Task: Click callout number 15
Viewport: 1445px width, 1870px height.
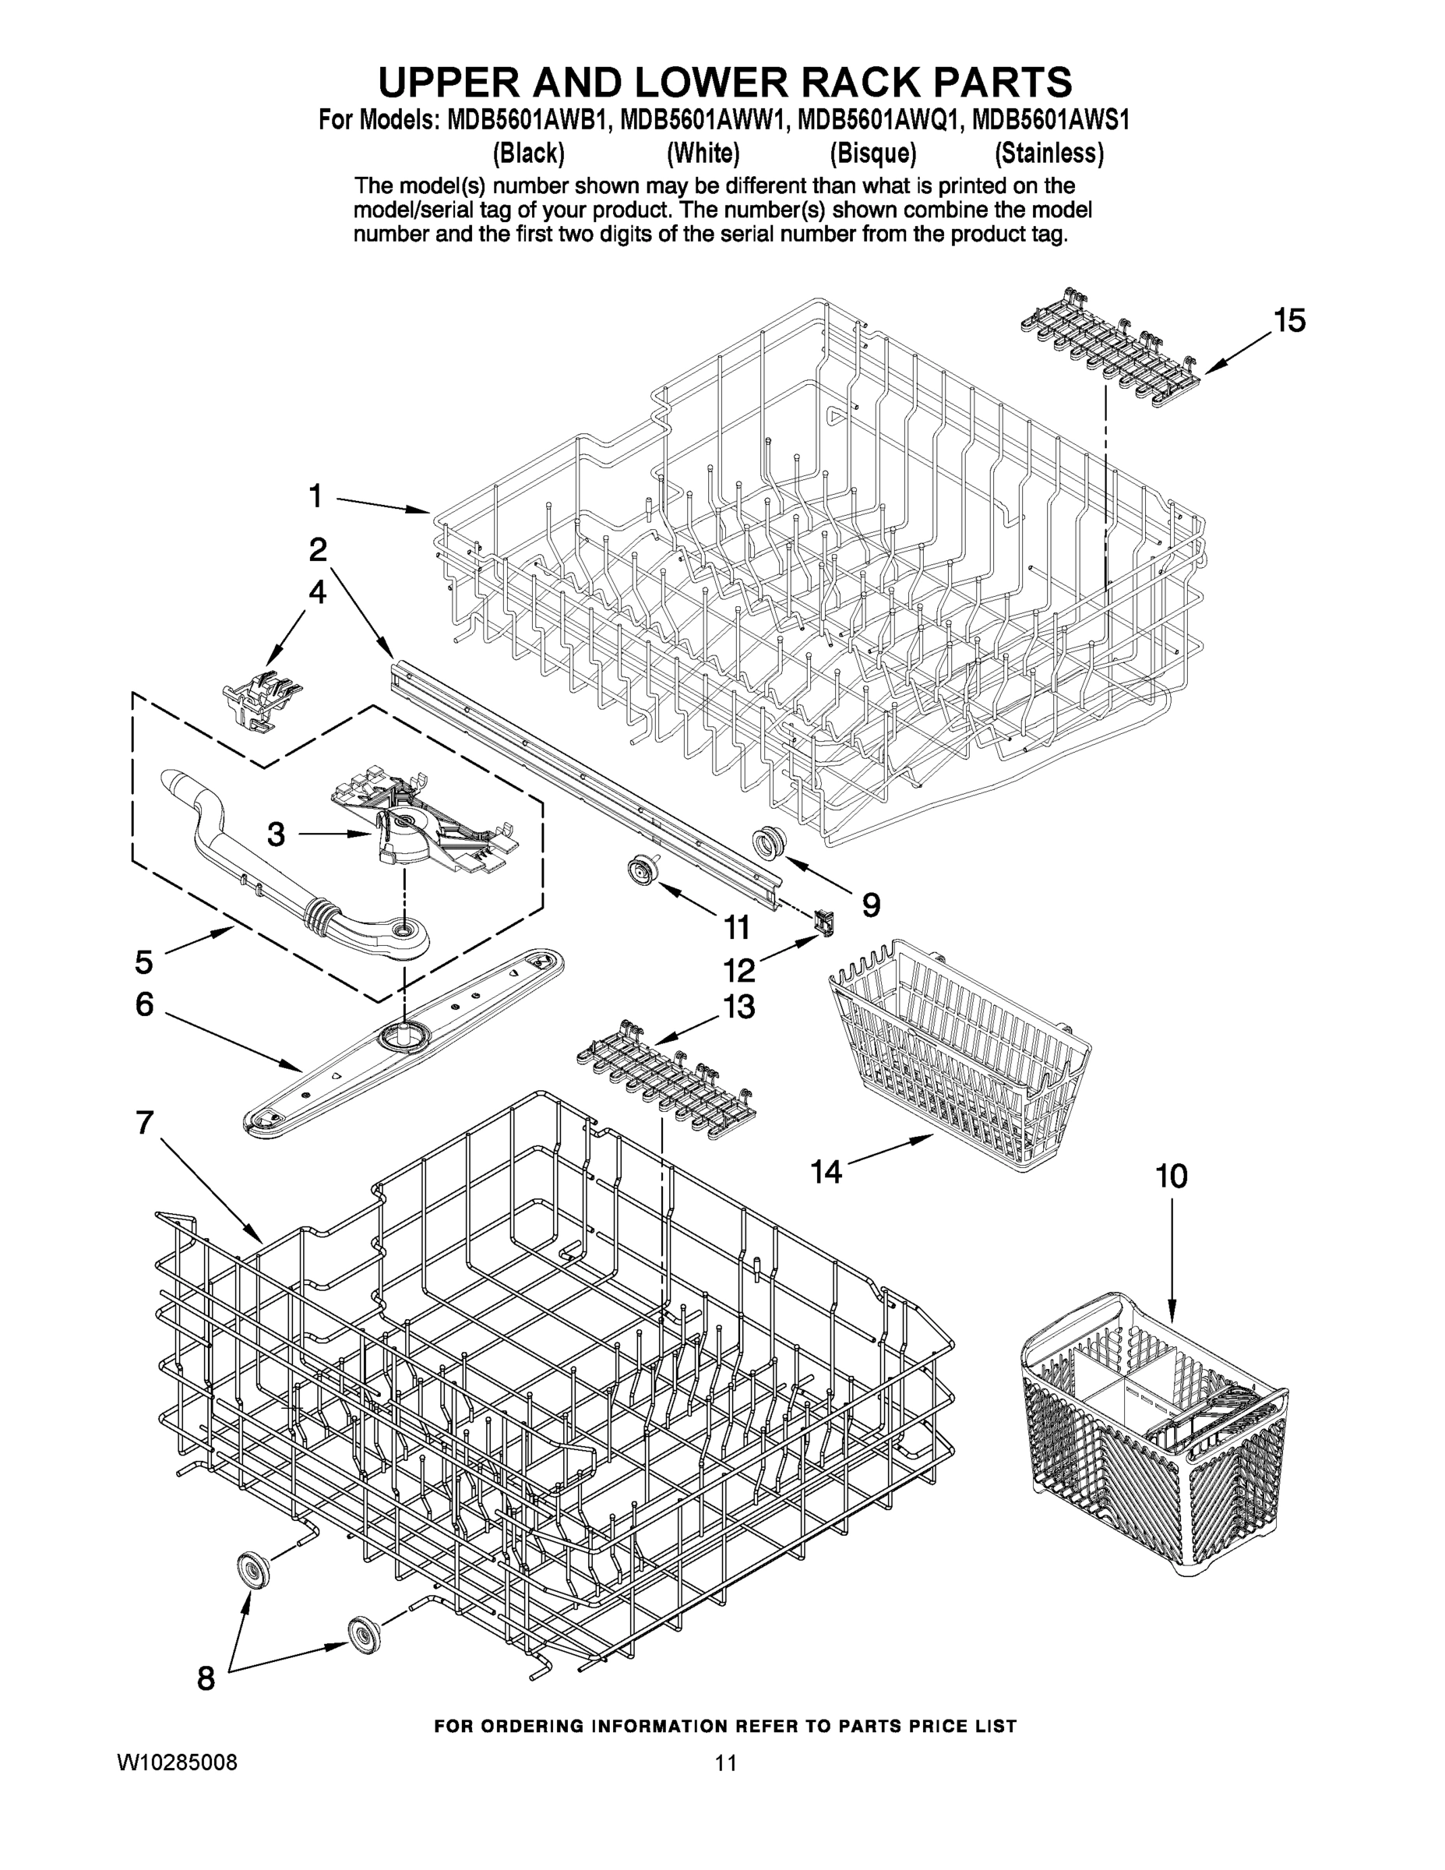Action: pos(1288,321)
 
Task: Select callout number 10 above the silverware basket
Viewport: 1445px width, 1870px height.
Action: pos(1171,1177)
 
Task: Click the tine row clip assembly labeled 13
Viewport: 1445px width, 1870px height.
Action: pos(666,1071)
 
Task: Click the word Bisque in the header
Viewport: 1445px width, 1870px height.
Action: pos(872,153)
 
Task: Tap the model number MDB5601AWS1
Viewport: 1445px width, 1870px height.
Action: pos(1050,119)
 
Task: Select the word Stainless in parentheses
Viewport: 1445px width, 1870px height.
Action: pos(1049,153)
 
